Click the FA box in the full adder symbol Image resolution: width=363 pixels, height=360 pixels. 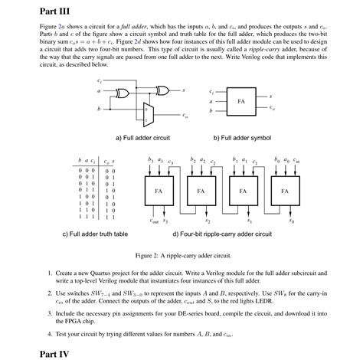240,101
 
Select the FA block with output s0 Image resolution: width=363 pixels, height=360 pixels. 285,191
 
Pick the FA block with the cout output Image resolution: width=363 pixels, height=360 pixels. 158,191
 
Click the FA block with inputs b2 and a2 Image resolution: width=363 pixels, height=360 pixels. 200,191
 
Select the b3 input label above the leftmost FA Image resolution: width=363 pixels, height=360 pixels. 151,162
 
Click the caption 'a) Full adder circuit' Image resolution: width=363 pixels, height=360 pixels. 142,138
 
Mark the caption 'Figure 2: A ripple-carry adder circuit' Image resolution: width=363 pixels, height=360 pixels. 181,255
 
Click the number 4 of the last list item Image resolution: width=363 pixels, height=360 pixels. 49,334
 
